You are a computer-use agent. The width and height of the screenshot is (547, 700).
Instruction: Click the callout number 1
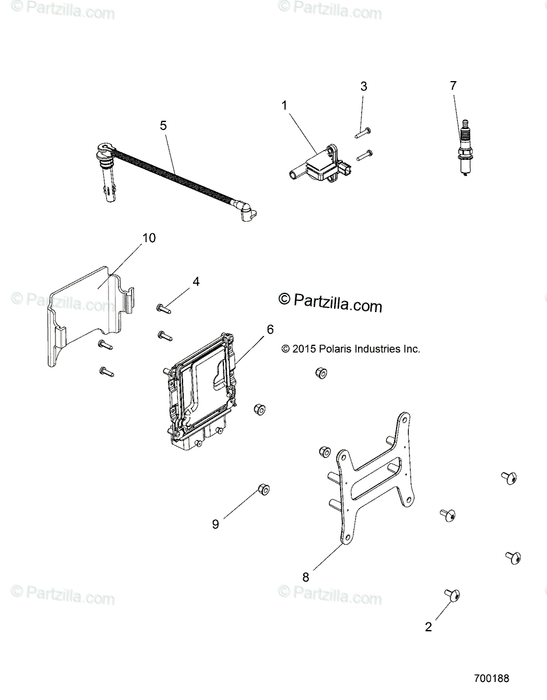coord(285,106)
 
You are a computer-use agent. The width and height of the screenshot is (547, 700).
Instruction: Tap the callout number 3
coord(364,87)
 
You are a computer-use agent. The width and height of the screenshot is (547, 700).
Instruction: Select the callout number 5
coord(163,125)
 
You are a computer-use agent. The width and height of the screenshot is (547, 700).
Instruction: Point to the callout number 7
coord(453,86)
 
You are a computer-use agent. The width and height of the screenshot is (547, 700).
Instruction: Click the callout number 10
coord(149,238)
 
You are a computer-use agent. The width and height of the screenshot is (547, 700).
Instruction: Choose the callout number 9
coord(215,524)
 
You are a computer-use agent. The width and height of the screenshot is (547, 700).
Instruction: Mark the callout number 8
coord(306,577)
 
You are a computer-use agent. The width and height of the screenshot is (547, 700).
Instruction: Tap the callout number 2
coord(429,628)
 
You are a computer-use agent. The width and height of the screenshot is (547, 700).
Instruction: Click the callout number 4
coord(196,282)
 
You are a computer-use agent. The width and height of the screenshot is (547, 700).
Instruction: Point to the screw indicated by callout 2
coord(452,595)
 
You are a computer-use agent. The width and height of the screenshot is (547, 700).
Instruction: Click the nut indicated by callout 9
coord(262,489)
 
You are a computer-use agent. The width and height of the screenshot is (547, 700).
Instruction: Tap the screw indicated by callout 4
coord(163,307)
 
